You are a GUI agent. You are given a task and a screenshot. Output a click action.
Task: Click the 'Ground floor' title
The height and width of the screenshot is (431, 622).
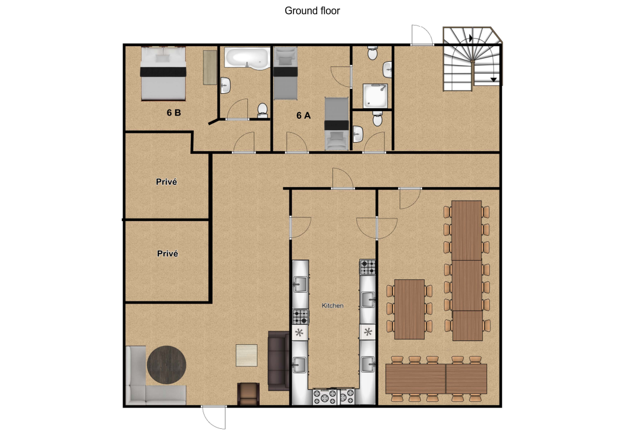[312, 11]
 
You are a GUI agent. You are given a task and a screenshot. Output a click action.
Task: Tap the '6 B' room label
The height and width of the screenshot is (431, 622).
[174, 113]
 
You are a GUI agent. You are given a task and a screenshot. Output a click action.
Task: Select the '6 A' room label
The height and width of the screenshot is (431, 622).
[304, 115]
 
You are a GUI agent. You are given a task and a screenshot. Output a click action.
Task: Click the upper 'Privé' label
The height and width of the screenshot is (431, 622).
[166, 182]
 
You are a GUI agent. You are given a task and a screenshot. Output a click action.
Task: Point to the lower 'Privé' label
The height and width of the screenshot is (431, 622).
[168, 253]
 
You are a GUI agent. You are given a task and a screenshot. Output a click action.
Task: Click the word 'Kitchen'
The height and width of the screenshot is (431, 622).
[332, 305]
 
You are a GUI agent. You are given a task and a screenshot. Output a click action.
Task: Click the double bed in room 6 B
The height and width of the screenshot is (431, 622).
[163, 73]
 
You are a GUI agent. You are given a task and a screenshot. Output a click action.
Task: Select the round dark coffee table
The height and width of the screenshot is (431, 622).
[166, 365]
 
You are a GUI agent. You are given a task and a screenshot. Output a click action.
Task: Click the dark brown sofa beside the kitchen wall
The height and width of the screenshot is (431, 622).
[279, 361]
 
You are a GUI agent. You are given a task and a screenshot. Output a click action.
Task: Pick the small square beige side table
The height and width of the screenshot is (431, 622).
[247, 355]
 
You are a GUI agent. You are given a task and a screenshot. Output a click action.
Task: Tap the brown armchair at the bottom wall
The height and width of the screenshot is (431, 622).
[249, 394]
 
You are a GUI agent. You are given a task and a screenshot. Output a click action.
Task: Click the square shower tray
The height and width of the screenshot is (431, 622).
[375, 95]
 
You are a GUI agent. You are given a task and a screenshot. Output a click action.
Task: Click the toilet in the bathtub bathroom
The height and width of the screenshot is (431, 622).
[262, 111]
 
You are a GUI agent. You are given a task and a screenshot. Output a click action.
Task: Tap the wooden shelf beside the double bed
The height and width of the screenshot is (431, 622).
[210, 67]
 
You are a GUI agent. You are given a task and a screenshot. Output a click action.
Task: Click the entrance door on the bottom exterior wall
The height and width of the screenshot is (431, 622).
[214, 417]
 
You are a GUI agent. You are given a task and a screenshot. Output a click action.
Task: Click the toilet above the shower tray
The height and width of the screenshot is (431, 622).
[373, 53]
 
